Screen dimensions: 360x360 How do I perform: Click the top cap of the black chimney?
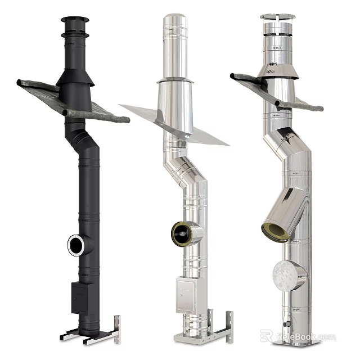(x=75, y=21)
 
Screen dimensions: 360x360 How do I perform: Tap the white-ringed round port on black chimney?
(x=76, y=243)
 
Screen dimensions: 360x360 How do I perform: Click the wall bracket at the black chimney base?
(x=116, y=329)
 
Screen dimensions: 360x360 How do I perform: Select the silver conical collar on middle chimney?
(x=175, y=96)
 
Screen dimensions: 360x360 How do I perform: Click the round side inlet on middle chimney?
(x=182, y=233)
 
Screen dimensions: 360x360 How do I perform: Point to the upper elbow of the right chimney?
(x=281, y=143)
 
